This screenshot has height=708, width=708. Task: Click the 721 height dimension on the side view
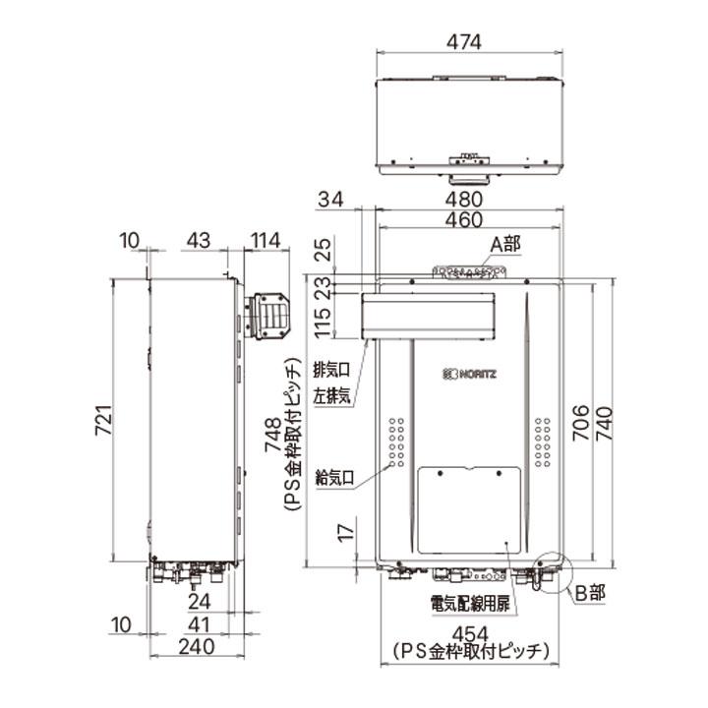101,420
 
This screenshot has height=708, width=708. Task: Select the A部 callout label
506,243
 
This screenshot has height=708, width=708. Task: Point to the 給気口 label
331,479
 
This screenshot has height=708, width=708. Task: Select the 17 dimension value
343,536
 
